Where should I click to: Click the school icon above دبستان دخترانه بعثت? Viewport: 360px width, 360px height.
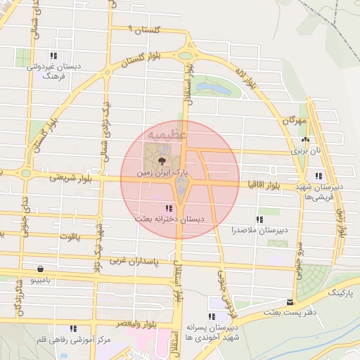(x=167, y=208)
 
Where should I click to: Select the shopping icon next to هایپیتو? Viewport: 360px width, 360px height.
(x=40, y=269)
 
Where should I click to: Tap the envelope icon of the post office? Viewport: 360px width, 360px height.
(x=270, y=302)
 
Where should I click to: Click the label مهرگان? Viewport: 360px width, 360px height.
(x=295, y=120)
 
